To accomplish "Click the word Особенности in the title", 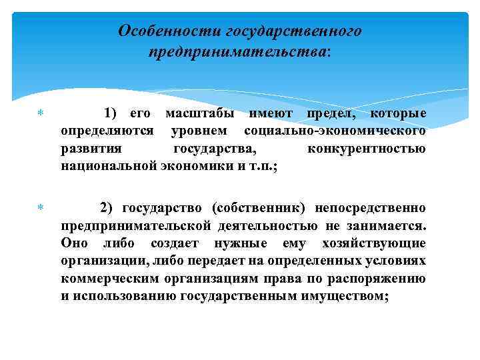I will (x=169, y=31).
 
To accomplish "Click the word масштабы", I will (x=197, y=115).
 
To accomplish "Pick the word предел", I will (x=325, y=115).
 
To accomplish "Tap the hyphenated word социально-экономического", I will (x=335, y=131).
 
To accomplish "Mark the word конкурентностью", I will (x=366, y=148).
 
